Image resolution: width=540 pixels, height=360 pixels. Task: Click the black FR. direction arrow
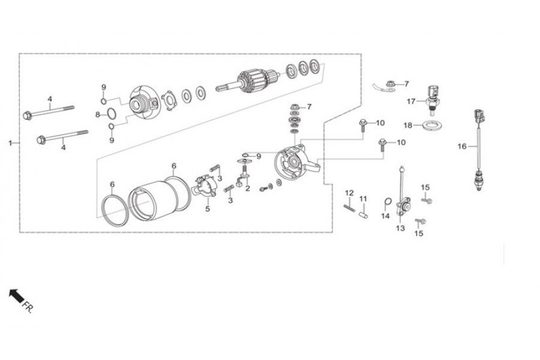(x=16, y=296)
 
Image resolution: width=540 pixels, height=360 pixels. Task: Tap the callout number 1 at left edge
(x=10, y=143)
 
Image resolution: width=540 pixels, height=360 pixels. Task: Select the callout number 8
(x=98, y=115)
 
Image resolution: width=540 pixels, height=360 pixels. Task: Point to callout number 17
(x=411, y=101)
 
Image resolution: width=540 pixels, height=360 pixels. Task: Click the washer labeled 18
(x=433, y=126)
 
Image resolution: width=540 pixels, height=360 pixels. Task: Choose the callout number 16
(x=462, y=146)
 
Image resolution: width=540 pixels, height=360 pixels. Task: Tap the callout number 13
(x=401, y=228)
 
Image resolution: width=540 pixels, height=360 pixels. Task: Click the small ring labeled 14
(x=388, y=201)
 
